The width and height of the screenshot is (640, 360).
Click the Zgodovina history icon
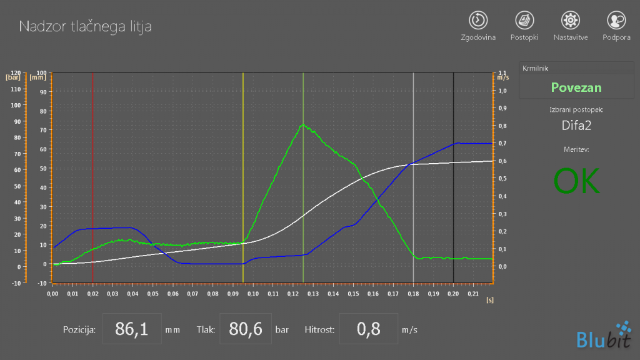tap(478, 20)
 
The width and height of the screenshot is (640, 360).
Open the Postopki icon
tap(524, 20)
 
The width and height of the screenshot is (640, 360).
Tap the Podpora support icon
tap(617, 20)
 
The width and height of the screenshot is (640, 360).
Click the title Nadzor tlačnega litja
tap(85, 26)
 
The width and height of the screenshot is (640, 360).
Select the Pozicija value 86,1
tap(132, 329)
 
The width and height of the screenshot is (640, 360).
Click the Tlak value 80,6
tap(244, 329)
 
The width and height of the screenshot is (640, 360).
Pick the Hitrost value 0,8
tap(369, 329)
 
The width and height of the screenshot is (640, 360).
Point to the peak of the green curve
tap(303, 124)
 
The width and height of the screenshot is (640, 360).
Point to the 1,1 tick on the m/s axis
tap(503, 74)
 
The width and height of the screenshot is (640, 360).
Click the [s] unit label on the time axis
tap(489, 301)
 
